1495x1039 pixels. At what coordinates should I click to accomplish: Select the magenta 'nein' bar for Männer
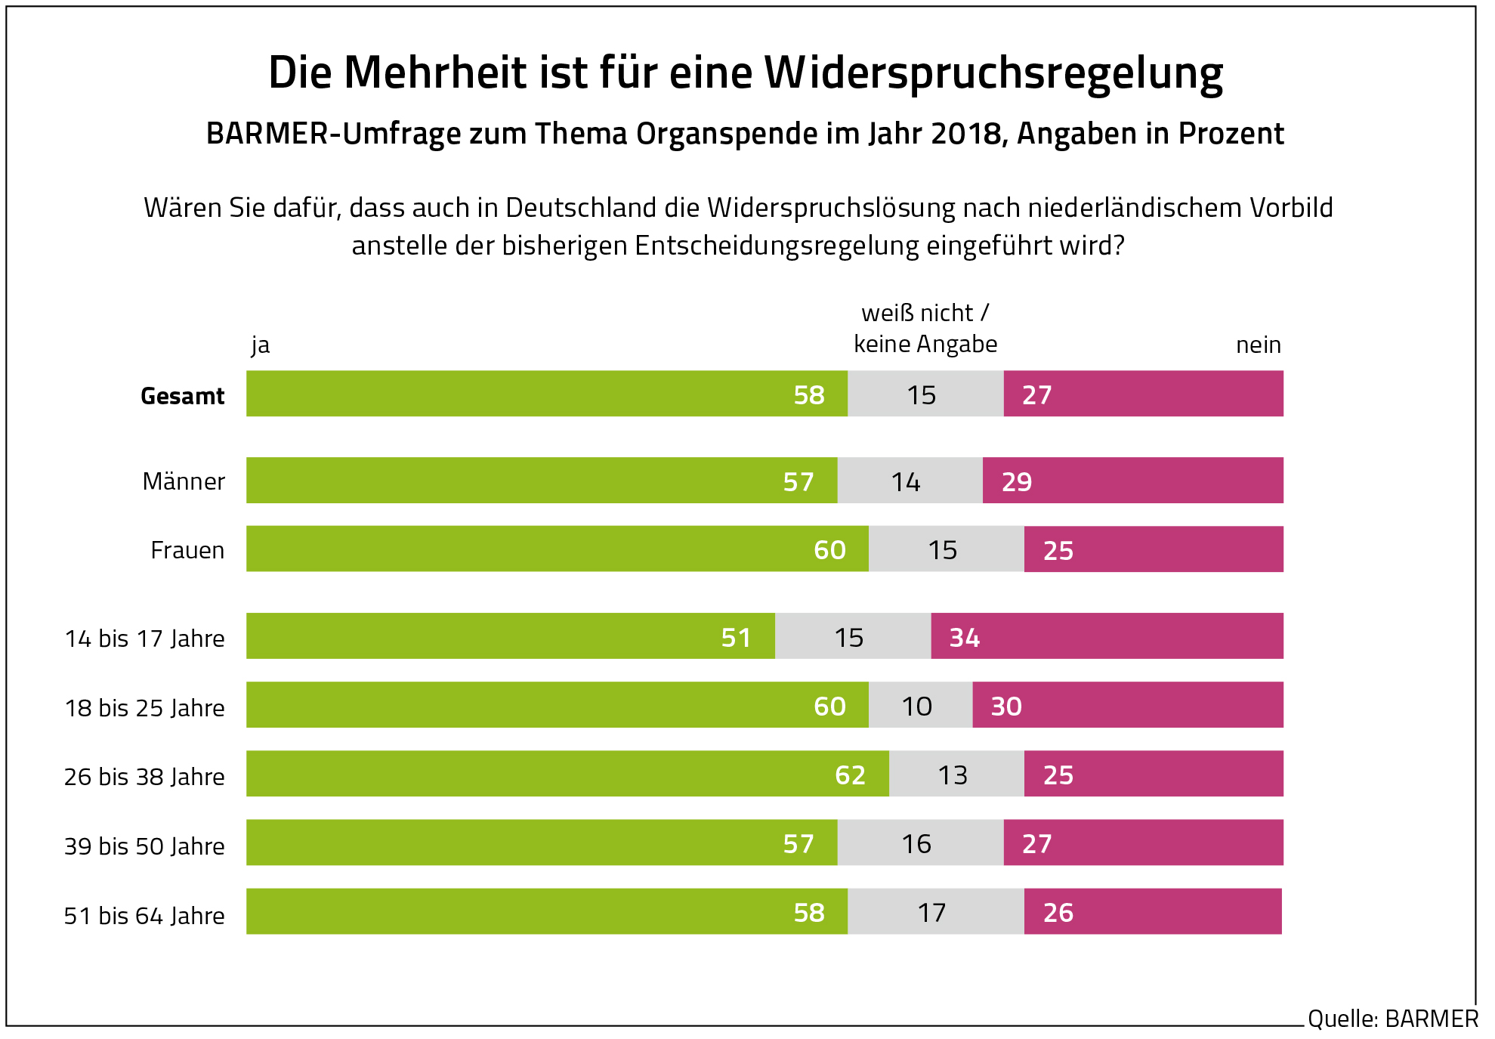(1133, 481)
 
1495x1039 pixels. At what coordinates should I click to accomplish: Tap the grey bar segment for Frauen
(946, 549)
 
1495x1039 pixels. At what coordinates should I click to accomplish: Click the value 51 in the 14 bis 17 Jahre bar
(736, 638)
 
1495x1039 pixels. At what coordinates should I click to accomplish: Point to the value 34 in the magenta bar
(965, 638)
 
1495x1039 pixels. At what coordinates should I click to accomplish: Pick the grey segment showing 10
(919, 706)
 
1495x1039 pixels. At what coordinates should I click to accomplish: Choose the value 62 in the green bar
(850, 775)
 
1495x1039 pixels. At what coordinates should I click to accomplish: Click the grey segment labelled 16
(919, 843)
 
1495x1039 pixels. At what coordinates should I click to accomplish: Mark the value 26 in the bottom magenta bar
(1058, 913)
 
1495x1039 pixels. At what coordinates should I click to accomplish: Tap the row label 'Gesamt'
(183, 396)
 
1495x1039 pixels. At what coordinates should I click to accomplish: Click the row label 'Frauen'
(187, 550)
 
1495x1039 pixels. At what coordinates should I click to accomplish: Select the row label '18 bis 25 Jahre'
(144, 708)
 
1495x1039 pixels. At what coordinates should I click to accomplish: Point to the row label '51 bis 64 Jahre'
(144, 916)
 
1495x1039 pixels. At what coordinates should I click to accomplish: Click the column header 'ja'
(260, 345)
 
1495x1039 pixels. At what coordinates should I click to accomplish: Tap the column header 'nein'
(1258, 345)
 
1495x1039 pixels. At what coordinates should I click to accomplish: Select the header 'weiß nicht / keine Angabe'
(925, 329)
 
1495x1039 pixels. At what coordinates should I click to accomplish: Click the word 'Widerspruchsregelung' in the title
(993, 73)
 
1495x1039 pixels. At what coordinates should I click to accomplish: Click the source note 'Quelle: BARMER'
(1392, 1019)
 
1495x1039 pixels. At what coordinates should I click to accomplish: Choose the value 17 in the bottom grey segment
(931, 913)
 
